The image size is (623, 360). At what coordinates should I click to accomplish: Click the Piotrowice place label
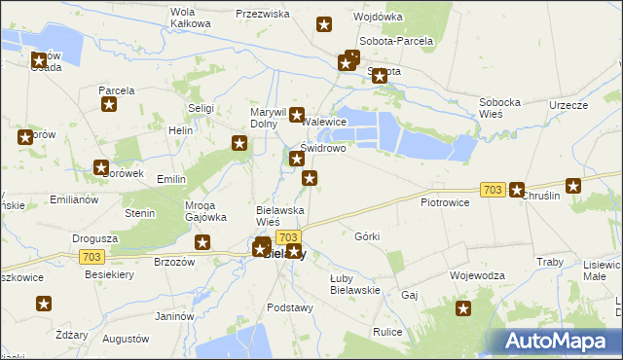pyautogui.click(x=445, y=202)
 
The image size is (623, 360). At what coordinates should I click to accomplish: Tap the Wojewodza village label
pyautogui.click(x=477, y=275)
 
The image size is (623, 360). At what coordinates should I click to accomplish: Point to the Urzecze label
pyautogui.click(x=568, y=105)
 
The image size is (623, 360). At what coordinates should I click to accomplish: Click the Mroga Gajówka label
pyautogui.click(x=205, y=212)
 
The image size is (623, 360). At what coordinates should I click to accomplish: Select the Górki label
pyautogui.click(x=367, y=236)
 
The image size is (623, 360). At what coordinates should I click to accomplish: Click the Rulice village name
pyautogui.click(x=387, y=332)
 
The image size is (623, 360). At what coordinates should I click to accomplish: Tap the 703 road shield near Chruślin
pyautogui.click(x=492, y=190)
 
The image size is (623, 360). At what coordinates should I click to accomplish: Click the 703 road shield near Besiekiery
pyautogui.click(x=91, y=256)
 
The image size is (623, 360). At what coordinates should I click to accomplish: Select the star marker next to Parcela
pyautogui.click(x=110, y=105)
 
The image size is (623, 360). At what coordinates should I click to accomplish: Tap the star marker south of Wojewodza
pyautogui.click(x=463, y=309)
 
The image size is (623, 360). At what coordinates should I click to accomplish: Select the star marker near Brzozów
pyautogui.click(x=202, y=242)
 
